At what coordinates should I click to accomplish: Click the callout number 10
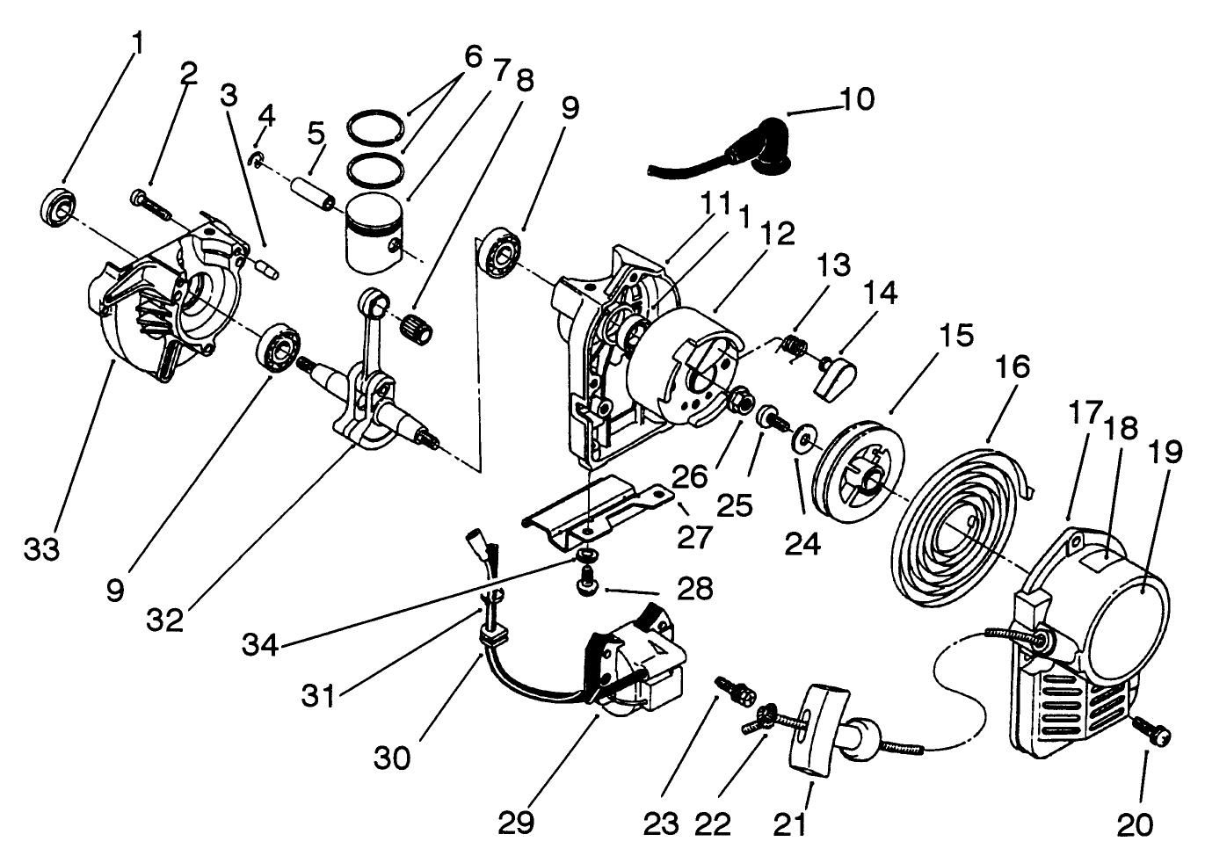[x=857, y=99]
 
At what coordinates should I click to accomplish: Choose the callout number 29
[x=516, y=823]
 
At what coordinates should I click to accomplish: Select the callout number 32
[x=164, y=620]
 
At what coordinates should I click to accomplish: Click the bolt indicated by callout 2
[x=152, y=204]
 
